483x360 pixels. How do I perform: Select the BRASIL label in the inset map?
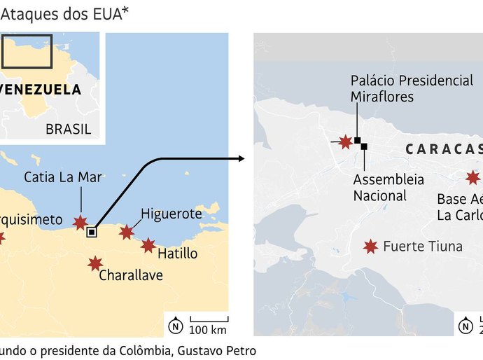coord(68,129)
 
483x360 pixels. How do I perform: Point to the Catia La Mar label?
coord(63,177)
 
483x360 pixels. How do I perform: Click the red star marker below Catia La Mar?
coord(81,223)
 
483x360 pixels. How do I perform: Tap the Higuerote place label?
coord(171,214)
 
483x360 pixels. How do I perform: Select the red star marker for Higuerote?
coord(127,232)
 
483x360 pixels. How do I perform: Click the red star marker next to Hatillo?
coord(148,245)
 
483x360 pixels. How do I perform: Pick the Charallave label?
coord(131,275)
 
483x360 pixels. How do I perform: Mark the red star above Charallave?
coord(95,263)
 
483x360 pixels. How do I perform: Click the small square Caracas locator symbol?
coord(92,233)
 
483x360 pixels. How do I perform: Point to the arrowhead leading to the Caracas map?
coord(241,158)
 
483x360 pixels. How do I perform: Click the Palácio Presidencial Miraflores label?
coord(412,89)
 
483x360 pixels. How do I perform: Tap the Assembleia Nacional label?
coord(388,188)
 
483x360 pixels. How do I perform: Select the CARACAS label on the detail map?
coord(443,149)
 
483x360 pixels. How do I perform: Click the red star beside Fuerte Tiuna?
coord(370,246)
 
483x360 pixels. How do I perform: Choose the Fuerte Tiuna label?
coord(423,246)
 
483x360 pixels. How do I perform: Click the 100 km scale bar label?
coord(209,329)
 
